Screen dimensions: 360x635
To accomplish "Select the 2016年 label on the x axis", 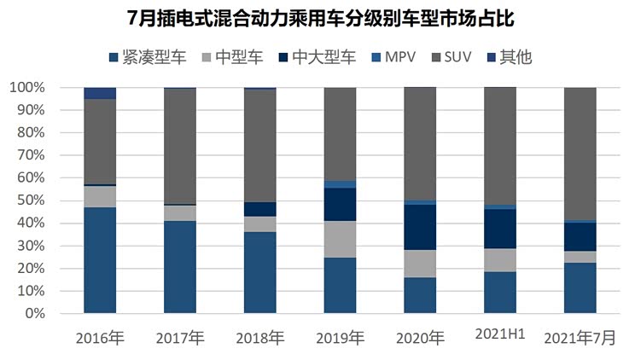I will (x=101, y=338).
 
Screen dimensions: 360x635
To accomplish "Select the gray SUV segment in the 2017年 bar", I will (x=180, y=146).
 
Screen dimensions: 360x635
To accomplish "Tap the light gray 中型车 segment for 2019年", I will (x=340, y=239).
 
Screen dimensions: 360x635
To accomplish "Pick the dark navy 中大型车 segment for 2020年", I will (x=420, y=227).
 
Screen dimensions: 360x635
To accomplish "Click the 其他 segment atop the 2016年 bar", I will (x=100, y=93).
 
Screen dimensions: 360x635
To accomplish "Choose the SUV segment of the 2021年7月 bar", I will (x=580, y=154).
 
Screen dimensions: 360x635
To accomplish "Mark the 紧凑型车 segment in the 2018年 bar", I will (x=260, y=272).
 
